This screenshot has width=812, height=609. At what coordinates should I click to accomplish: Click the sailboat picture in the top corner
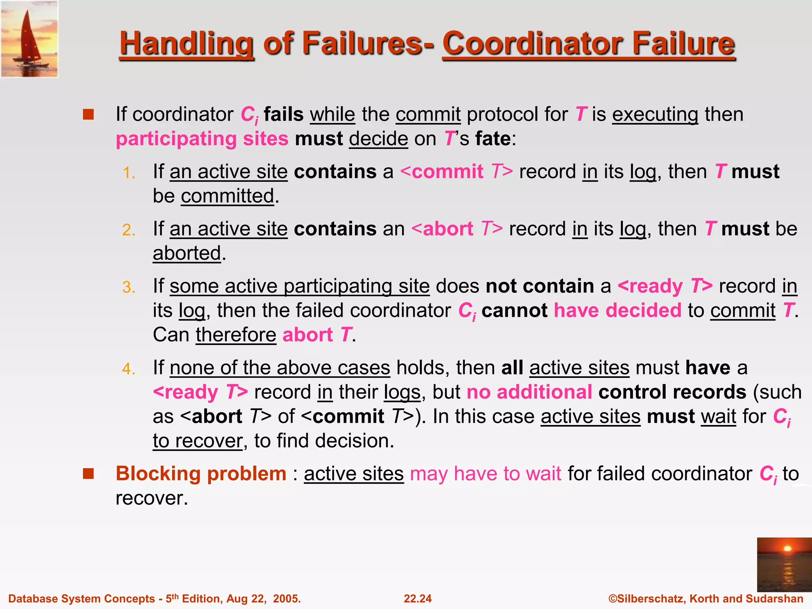click(x=30, y=39)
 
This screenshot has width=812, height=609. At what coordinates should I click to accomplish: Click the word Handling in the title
click(x=186, y=44)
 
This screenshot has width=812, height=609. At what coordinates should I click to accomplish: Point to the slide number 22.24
click(x=417, y=599)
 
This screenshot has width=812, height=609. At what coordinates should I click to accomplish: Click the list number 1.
click(x=129, y=173)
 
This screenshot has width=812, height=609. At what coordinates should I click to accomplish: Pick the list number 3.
click(x=129, y=287)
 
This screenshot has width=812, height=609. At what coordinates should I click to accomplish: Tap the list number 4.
click(x=129, y=369)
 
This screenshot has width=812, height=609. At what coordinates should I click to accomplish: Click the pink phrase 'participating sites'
click(x=202, y=139)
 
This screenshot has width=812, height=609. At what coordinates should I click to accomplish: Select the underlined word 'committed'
click(x=228, y=196)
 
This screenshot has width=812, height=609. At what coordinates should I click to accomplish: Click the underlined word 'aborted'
click(x=187, y=253)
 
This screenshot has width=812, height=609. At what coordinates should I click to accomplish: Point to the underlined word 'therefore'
click(x=236, y=335)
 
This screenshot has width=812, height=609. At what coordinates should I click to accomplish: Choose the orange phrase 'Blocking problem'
click(x=201, y=474)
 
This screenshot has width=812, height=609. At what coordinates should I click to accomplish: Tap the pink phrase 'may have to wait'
click(x=485, y=474)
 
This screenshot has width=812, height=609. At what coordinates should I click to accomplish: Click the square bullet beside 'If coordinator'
click(x=88, y=115)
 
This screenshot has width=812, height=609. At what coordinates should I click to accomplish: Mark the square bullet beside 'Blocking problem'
click(x=88, y=474)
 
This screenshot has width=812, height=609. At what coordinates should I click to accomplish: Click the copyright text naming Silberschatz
click(x=706, y=599)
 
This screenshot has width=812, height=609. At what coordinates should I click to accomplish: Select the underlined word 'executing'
click(x=655, y=115)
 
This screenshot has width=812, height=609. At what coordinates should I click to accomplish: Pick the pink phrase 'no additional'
click(x=529, y=392)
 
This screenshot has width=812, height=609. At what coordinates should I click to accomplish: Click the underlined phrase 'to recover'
click(x=198, y=441)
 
